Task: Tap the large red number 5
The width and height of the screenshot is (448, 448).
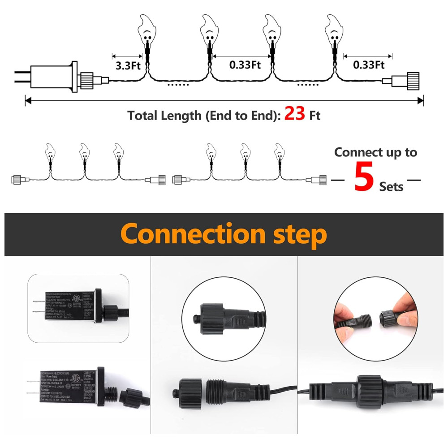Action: click(x=364, y=178)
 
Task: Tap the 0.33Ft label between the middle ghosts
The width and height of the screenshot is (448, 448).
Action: click(x=245, y=65)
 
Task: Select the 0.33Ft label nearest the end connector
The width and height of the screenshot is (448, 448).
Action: click(x=369, y=65)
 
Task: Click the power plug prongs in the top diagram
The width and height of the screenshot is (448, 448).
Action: click(x=21, y=75)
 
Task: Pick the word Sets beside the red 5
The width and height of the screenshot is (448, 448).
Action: click(x=391, y=186)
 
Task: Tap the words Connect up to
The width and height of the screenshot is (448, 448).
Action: click(x=375, y=152)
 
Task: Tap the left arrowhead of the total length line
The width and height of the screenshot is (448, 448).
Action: click(x=28, y=101)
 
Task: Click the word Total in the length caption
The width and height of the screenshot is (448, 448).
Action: click(x=143, y=116)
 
